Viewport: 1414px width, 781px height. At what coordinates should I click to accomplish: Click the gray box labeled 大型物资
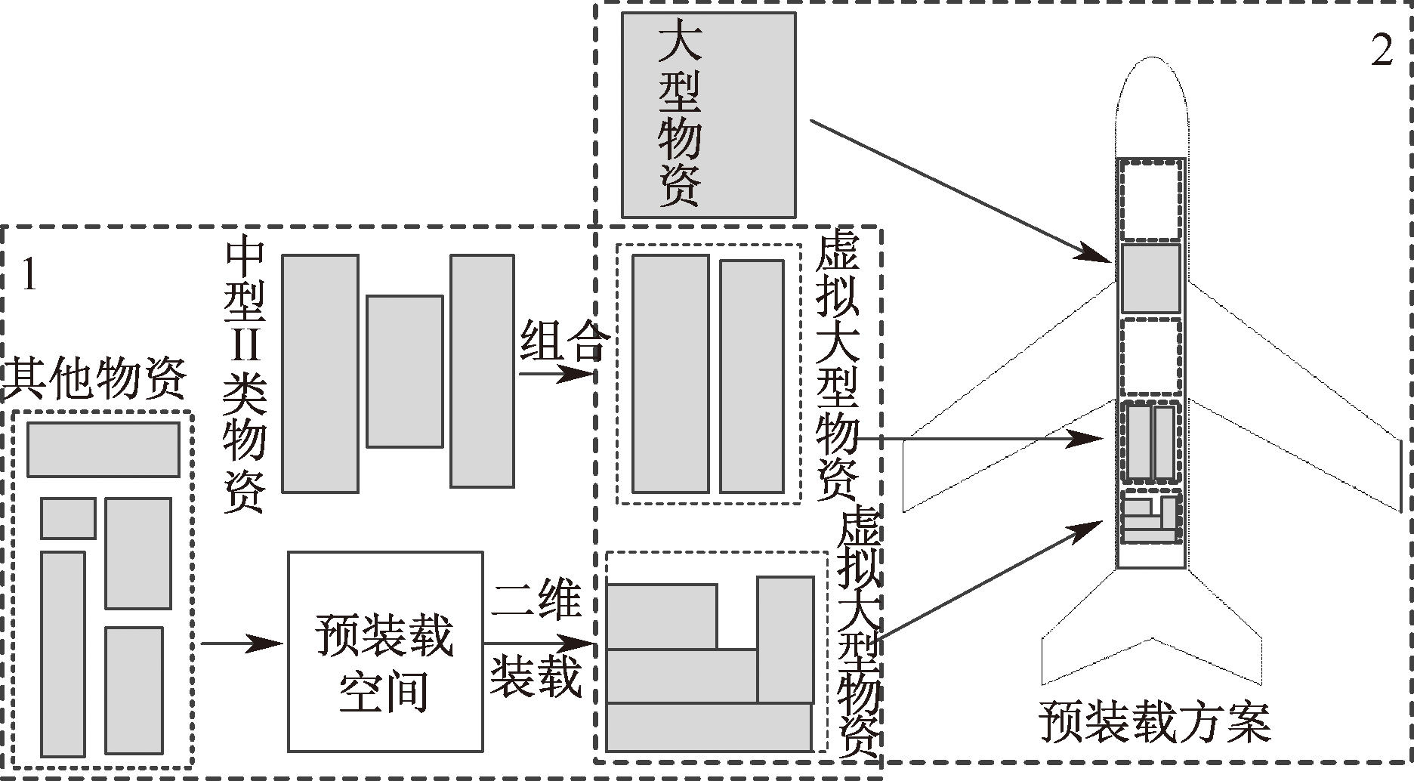tap(708, 115)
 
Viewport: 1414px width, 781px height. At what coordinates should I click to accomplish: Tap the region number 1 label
tap(29, 274)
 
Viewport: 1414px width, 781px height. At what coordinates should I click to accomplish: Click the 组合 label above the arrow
tap(563, 340)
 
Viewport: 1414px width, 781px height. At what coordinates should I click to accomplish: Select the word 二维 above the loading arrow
tap(537, 600)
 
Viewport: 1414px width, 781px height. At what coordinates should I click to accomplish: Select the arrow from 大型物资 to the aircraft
tap(959, 190)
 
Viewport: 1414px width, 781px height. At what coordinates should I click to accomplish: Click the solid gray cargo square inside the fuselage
tap(1150, 278)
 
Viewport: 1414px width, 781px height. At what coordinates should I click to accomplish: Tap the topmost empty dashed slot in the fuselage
tap(1150, 198)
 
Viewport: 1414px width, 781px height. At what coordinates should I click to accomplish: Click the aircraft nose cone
tap(1151, 106)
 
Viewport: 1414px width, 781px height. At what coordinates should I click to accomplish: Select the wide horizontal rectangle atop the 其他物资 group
tap(103, 449)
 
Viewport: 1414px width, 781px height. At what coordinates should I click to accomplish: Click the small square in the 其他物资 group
tap(68, 518)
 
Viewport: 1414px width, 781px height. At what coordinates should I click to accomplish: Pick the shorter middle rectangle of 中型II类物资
tap(404, 371)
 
